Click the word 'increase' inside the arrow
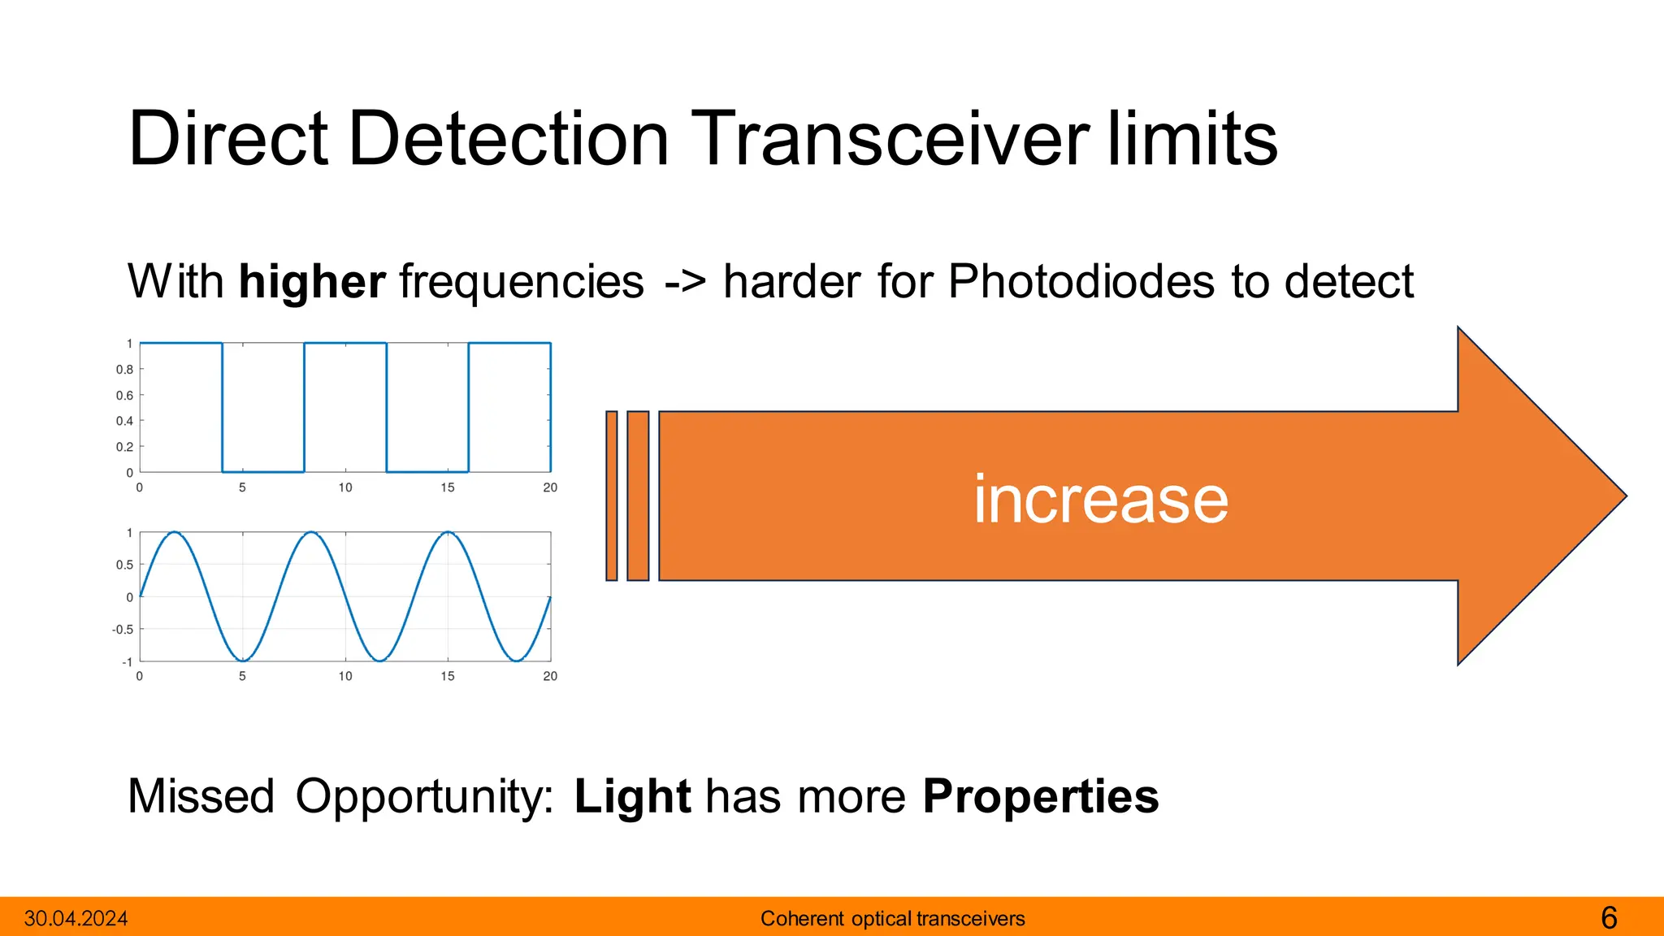click(x=1100, y=499)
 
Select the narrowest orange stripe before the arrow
click(x=612, y=496)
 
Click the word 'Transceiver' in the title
click(x=890, y=139)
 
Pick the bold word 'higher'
click(x=312, y=282)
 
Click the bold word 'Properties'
click(x=1040, y=796)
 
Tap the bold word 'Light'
click(x=632, y=796)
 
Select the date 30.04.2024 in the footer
click(x=76, y=919)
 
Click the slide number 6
click(x=1609, y=918)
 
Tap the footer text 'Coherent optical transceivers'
click(x=892, y=919)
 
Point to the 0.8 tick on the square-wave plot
click(x=124, y=370)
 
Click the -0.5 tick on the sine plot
click(x=123, y=630)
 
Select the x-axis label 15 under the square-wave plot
click(x=448, y=487)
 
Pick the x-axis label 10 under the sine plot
click(x=345, y=676)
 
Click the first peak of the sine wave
click(x=175, y=533)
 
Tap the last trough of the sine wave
click(x=517, y=660)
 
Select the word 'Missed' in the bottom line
click(x=201, y=796)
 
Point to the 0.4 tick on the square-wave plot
click(x=124, y=421)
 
